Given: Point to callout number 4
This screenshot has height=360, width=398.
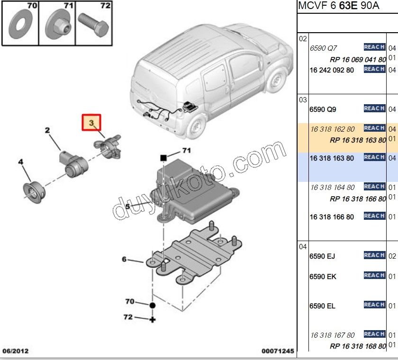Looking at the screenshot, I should (x=20, y=162).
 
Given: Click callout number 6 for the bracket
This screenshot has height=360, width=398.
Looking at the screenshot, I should (x=124, y=259).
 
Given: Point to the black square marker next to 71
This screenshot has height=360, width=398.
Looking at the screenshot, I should (x=163, y=156).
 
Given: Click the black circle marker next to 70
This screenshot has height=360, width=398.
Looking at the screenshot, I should (x=153, y=306).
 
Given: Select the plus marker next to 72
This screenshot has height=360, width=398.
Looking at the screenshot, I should (x=153, y=320).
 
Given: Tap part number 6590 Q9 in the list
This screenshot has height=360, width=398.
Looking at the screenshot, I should (x=323, y=109).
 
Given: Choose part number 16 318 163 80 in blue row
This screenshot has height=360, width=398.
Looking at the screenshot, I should (x=332, y=158).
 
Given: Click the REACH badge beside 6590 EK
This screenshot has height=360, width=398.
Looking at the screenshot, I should (x=374, y=275).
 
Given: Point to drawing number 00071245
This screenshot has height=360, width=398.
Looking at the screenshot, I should (x=278, y=351).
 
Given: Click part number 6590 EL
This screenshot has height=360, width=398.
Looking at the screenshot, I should (x=322, y=306).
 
